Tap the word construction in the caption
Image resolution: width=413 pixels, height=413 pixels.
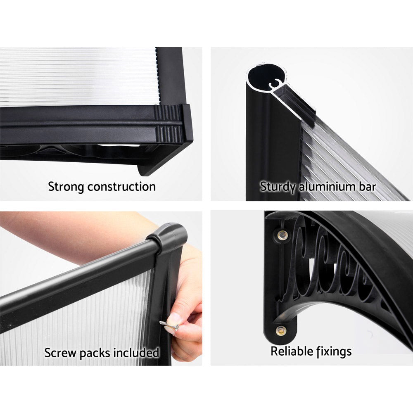pyautogui.click(x=122, y=186)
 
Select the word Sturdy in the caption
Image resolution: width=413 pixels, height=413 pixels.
pyautogui.click(x=278, y=186)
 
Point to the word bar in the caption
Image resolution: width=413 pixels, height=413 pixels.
pyautogui.click(x=366, y=186)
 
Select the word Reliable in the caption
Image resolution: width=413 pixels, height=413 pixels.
pyautogui.click(x=291, y=351)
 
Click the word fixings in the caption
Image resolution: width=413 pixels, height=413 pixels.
pyautogui.click(x=334, y=351)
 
